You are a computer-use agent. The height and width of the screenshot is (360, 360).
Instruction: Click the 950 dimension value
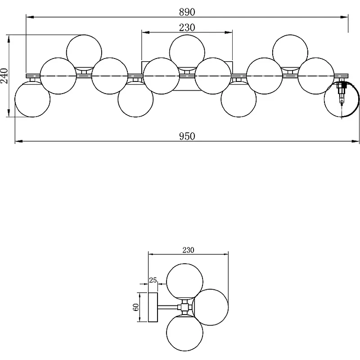coord(187,136)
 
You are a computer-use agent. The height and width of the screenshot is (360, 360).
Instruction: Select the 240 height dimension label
coord(4,76)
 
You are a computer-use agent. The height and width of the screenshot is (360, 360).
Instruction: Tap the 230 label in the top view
coord(187,27)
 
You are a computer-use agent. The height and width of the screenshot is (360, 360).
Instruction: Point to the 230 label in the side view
coord(188,250)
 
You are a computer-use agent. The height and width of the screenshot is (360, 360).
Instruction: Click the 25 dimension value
coord(153,280)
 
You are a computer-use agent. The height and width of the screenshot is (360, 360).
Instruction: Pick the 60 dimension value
coord(135,307)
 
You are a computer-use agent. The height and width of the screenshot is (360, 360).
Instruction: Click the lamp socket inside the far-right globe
coord(342,92)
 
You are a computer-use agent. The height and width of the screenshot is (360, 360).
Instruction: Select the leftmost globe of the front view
coord(32,99)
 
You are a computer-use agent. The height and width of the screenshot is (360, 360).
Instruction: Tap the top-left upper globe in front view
coord(84,52)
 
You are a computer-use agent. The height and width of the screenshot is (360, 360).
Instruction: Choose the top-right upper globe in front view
coord(290,52)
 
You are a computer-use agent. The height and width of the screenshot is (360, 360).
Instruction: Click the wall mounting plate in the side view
coord(153,307)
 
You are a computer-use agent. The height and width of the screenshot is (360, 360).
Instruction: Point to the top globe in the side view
coord(184,282)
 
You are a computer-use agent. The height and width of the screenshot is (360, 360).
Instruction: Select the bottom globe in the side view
coord(184,333)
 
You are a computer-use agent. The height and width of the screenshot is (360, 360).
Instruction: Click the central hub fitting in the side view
coord(184,307)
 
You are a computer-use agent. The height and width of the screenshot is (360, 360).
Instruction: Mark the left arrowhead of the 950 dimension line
coord(17,141)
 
